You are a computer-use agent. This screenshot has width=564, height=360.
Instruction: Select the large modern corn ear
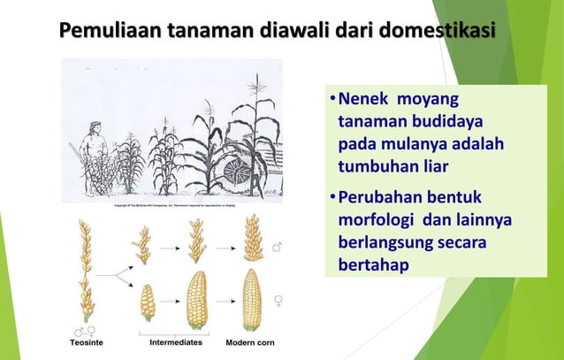pyautogui.click(x=251, y=297)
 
